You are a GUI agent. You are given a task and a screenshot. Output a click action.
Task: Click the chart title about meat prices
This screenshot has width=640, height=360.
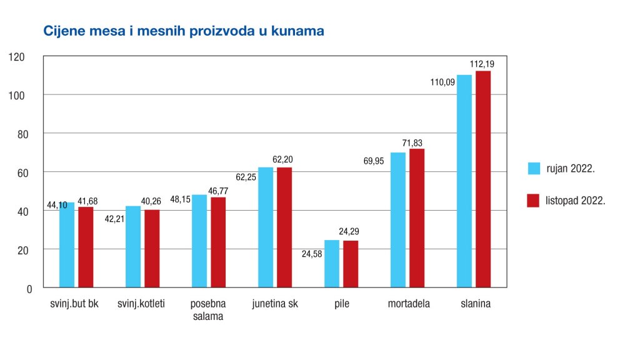183,31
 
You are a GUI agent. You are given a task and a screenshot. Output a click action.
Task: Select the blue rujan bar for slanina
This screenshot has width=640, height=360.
464,181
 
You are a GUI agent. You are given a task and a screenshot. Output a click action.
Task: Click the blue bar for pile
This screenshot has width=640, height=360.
331,264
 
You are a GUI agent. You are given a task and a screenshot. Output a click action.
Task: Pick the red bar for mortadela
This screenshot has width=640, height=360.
416,218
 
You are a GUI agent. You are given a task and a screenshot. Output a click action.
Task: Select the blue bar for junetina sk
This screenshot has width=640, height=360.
266,227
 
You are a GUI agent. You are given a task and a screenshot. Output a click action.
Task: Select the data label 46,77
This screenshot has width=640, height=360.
219,190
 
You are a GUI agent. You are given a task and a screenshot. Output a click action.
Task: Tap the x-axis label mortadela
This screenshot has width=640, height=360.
409,304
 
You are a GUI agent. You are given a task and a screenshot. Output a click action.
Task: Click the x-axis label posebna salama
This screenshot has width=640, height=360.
208,310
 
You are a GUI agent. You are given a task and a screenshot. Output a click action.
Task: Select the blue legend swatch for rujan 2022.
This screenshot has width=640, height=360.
533,168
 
